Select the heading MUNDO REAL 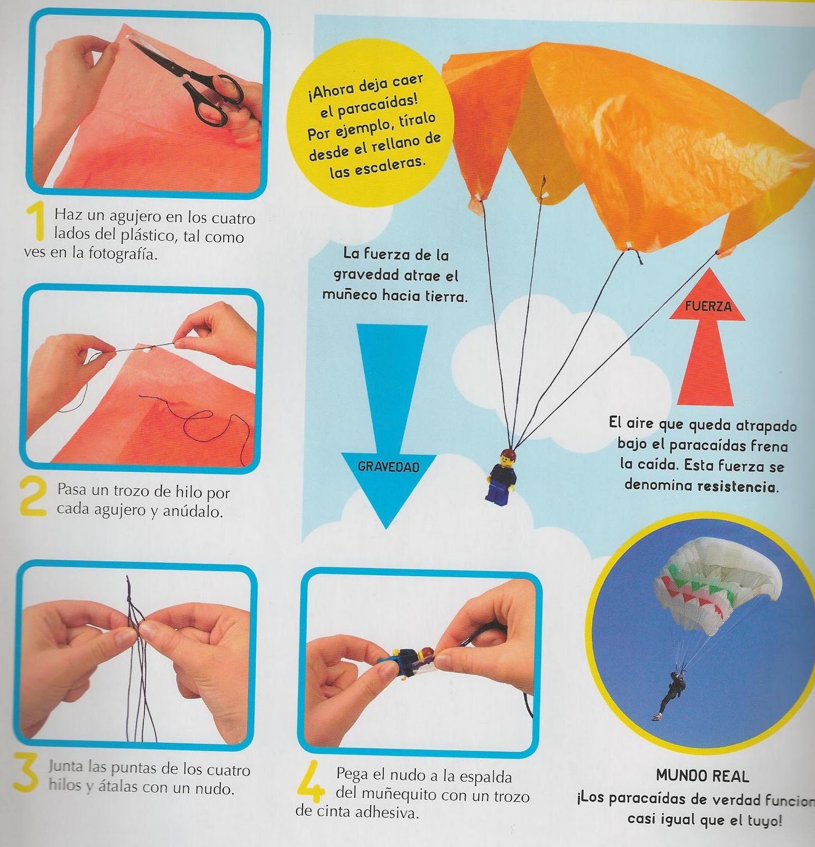click(702, 776)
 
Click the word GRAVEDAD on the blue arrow click(388, 466)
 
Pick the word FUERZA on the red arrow click(708, 307)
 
